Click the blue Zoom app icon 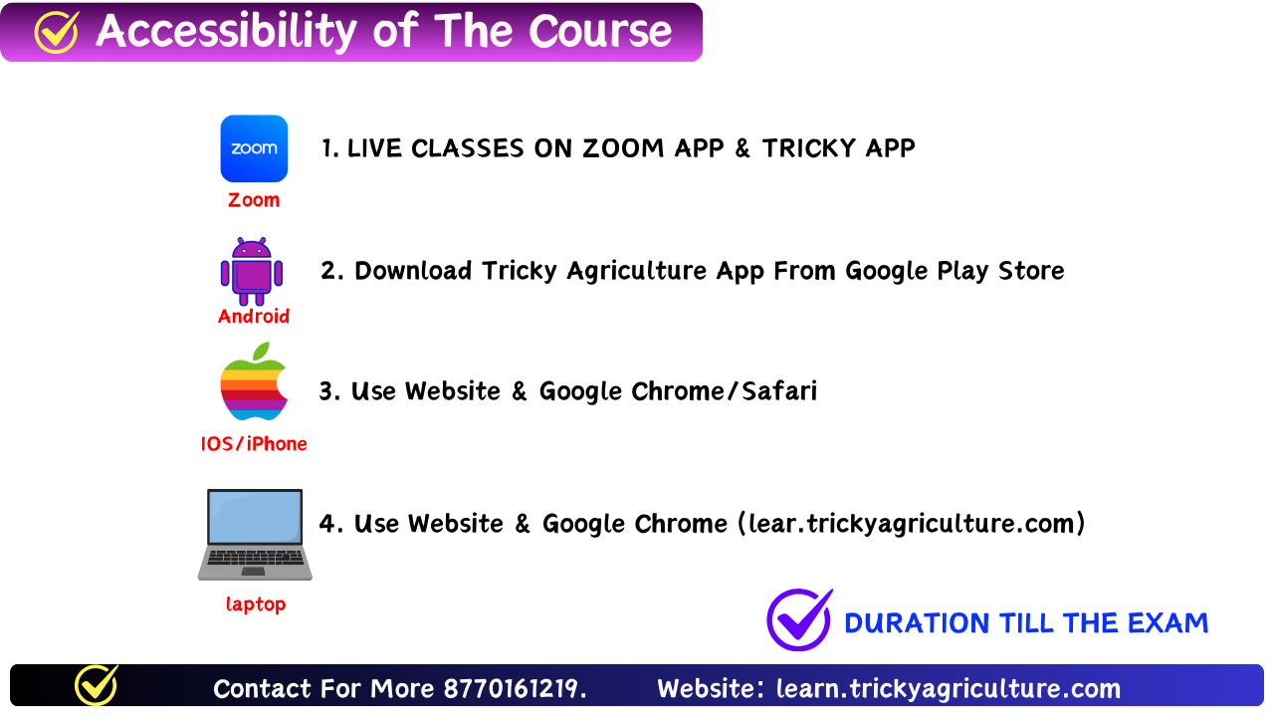[x=254, y=148]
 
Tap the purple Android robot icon [x=252, y=272]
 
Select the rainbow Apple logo [x=254, y=380]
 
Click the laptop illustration [x=255, y=535]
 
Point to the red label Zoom [x=254, y=200]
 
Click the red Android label [x=254, y=317]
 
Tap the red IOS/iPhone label [x=254, y=444]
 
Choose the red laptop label [x=256, y=604]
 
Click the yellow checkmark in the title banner [x=57, y=33]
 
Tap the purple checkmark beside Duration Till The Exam [x=799, y=619]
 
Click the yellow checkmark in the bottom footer [x=97, y=684]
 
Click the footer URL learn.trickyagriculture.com [x=949, y=689]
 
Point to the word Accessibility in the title [x=226, y=31]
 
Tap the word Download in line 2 [x=413, y=271]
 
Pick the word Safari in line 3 [x=779, y=391]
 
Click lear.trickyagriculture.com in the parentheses [x=911, y=524]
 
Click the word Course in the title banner [x=600, y=31]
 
